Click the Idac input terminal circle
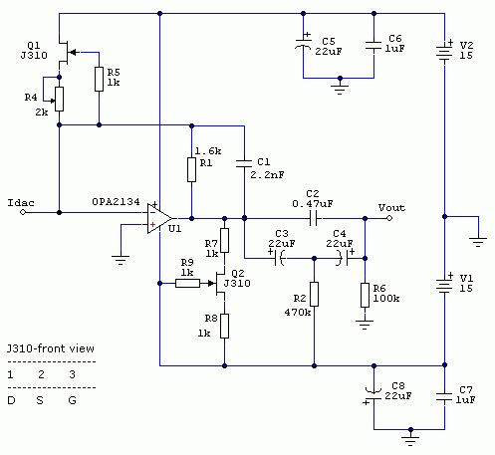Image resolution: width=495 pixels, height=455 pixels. [23, 212]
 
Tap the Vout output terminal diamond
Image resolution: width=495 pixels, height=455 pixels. [389, 218]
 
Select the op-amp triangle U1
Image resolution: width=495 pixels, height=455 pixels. [159, 218]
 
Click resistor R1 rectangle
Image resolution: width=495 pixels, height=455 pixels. [191, 169]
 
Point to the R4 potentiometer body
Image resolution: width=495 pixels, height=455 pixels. [60, 100]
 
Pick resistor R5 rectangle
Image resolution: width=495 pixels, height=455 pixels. [99, 79]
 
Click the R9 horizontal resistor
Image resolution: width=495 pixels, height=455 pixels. [187, 283]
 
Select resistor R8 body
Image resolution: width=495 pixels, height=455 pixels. [225, 326]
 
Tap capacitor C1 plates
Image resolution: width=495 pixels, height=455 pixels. [244, 163]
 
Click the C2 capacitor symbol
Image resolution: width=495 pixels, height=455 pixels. [314, 218]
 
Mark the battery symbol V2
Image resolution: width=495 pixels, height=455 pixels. [444, 52]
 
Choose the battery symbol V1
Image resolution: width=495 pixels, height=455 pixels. [444, 284]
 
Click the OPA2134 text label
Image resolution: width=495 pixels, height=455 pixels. [116, 202]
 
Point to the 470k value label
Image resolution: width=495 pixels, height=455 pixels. [298, 313]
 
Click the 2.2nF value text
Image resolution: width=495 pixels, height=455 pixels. [267, 175]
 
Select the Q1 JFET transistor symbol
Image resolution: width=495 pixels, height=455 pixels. [67, 53]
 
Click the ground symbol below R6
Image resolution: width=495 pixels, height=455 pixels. [365, 325]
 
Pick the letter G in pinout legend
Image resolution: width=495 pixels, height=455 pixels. [73, 400]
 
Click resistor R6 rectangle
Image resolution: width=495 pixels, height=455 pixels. [365, 295]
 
